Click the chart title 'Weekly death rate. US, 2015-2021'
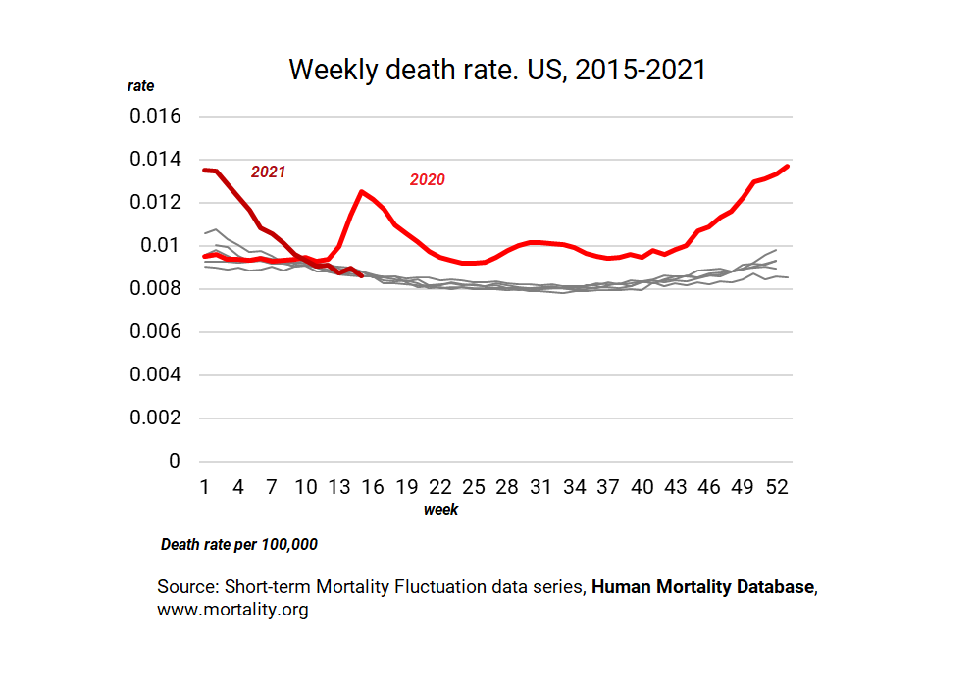[x=497, y=71]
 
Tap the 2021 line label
[x=268, y=172]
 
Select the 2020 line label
[x=427, y=179]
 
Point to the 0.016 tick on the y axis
[x=156, y=117]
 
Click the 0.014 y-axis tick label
[x=156, y=160]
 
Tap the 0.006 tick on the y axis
[x=156, y=332]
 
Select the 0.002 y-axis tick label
[x=156, y=418]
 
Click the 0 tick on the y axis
[x=177, y=462]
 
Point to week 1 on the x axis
[x=205, y=487]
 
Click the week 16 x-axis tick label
[x=373, y=487]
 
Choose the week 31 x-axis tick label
[x=540, y=487]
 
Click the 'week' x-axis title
[x=440, y=510]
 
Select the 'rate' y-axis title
[x=141, y=86]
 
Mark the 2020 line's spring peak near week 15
[x=362, y=192]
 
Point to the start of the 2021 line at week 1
[x=205, y=170]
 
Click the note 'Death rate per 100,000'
[x=238, y=544]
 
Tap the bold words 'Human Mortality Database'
[x=702, y=587]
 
